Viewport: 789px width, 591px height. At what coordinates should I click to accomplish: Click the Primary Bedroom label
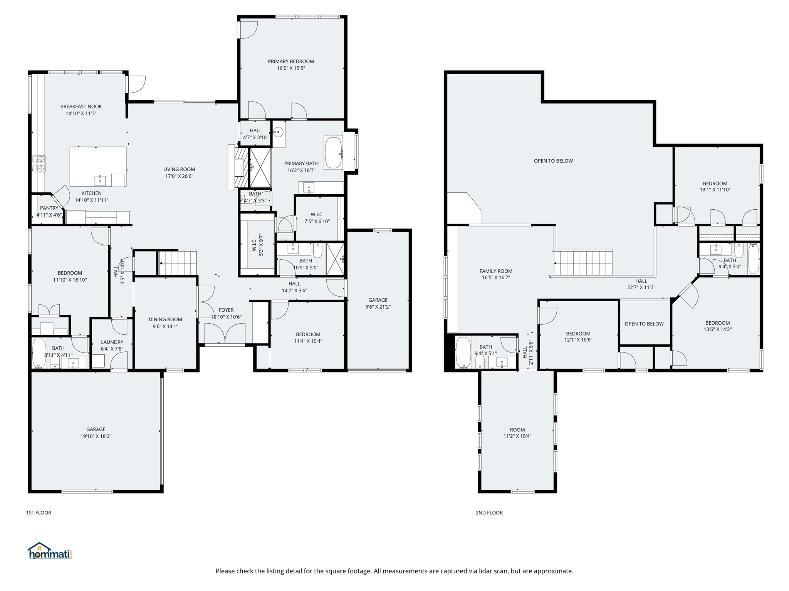click(291, 61)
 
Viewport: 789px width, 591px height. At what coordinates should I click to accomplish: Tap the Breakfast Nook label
click(81, 107)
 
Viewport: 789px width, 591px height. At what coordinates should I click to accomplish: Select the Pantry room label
click(49, 208)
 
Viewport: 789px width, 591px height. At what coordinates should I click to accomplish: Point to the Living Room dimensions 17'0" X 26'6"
click(179, 176)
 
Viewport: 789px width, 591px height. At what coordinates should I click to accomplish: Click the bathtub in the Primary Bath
click(334, 153)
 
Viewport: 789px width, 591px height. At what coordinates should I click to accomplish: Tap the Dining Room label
click(165, 319)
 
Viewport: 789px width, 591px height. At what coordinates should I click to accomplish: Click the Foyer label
click(226, 310)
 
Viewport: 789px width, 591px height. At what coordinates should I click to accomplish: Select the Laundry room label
click(112, 342)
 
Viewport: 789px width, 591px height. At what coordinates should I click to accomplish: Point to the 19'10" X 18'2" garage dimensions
click(96, 436)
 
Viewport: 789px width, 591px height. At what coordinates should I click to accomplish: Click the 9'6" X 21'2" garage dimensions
click(378, 307)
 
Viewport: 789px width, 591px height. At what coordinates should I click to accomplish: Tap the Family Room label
click(496, 271)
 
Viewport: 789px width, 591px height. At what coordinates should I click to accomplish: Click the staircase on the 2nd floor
click(583, 263)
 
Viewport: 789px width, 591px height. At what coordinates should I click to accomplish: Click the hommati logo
click(50, 551)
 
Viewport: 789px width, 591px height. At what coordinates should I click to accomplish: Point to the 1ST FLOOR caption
click(39, 513)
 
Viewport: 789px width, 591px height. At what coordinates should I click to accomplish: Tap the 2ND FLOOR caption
click(489, 513)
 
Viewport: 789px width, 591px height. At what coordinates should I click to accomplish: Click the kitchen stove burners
click(39, 164)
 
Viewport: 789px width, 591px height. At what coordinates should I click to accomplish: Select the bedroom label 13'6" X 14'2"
click(718, 329)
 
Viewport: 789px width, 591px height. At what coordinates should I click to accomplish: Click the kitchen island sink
click(100, 180)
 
